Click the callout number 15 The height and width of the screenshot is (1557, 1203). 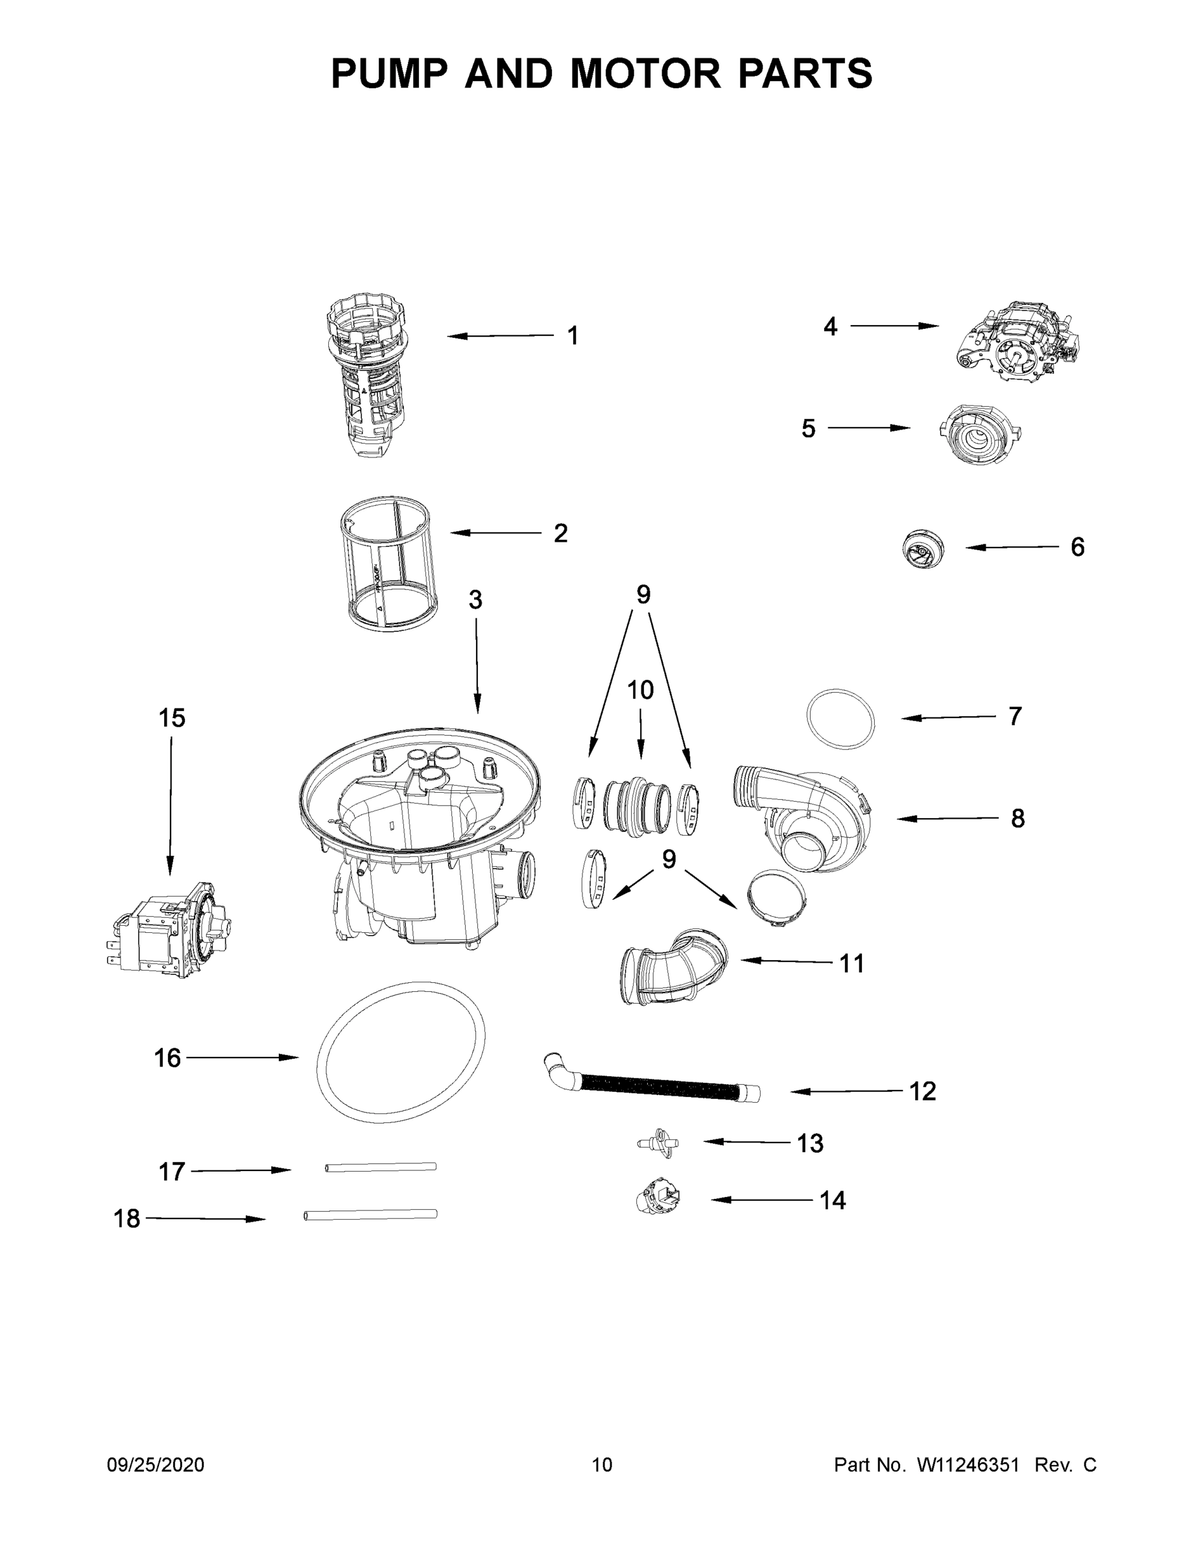[x=172, y=718]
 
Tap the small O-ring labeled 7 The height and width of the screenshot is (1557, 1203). [x=840, y=718]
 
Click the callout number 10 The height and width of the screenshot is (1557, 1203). [x=640, y=690]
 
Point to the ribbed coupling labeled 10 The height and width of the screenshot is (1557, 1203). [x=636, y=806]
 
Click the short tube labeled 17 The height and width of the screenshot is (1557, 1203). [x=381, y=1167]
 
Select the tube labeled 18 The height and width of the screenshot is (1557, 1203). [x=370, y=1214]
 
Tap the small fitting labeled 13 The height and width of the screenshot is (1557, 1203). [x=658, y=1143]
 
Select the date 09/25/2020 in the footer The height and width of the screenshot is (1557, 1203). [x=156, y=1465]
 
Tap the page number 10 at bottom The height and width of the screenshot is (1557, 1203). [x=602, y=1465]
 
